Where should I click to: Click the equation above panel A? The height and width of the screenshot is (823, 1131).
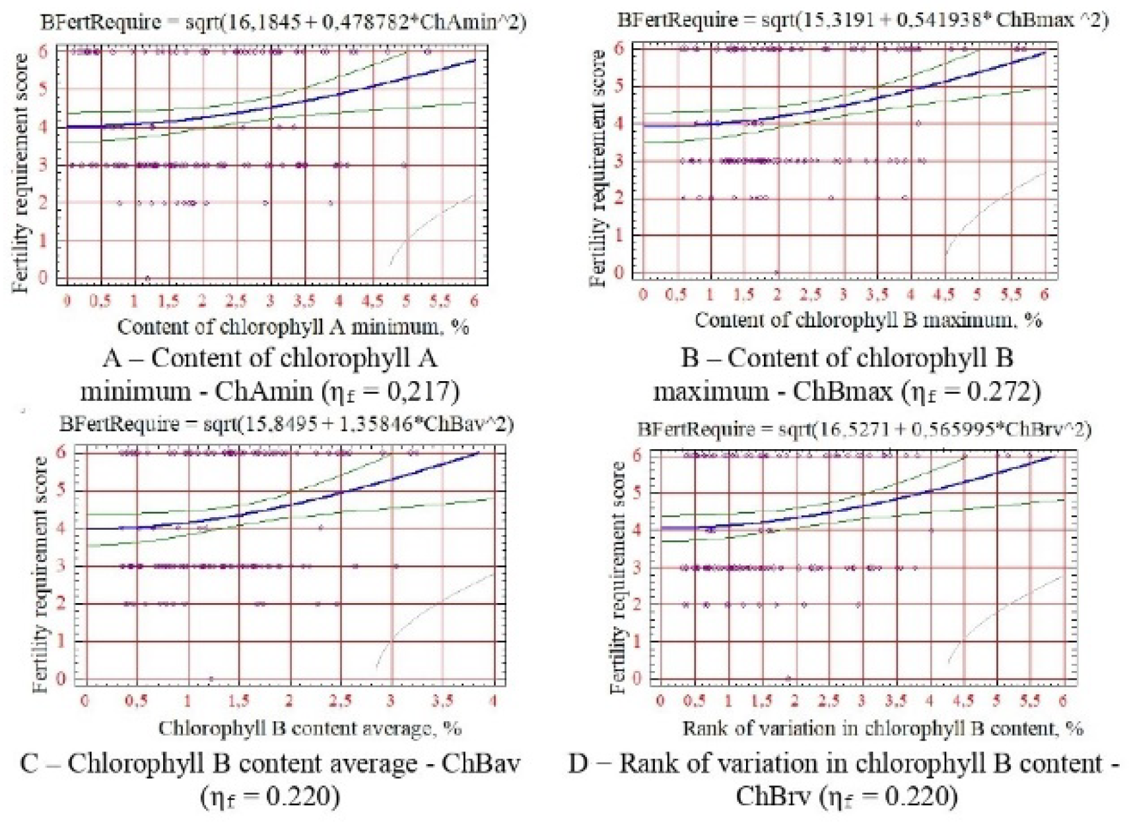pyautogui.click(x=283, y=22)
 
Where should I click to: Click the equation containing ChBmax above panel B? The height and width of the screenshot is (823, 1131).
pyautogui.click(x=862, y=20)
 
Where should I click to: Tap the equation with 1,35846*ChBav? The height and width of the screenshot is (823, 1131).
pyautogui.click(x=286, y=423)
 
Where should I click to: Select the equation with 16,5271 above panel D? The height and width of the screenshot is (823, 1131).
pyautogui.click(x=864, y=429)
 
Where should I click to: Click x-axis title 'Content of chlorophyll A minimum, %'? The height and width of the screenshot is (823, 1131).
pyautogui.click(x=292, y=326)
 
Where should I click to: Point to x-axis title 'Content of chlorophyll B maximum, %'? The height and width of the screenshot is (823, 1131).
pyautogui.click(x=868, y=320)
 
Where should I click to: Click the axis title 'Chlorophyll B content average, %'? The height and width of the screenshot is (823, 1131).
pyautogui.click(x=310, y=729)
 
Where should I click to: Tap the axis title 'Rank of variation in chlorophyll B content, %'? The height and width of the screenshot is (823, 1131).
pyautogui.click(x=882, y=729)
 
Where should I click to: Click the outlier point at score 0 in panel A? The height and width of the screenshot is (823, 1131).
pyautogui.click(x=147, y=278)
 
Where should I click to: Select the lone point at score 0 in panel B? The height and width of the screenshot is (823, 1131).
pyautogui.click(x=777, y=272)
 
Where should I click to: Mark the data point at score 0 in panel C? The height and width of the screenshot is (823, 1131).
pyautogui.click(x=211, y=678)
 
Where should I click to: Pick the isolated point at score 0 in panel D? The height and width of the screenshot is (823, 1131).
pyautogui.click(x=788, y=678)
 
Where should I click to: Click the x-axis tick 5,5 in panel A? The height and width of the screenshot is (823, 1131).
pyautogui.click(x=440, y=301)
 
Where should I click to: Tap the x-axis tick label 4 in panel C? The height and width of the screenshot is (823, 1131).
pyautogui.click(x=493, y=700)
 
